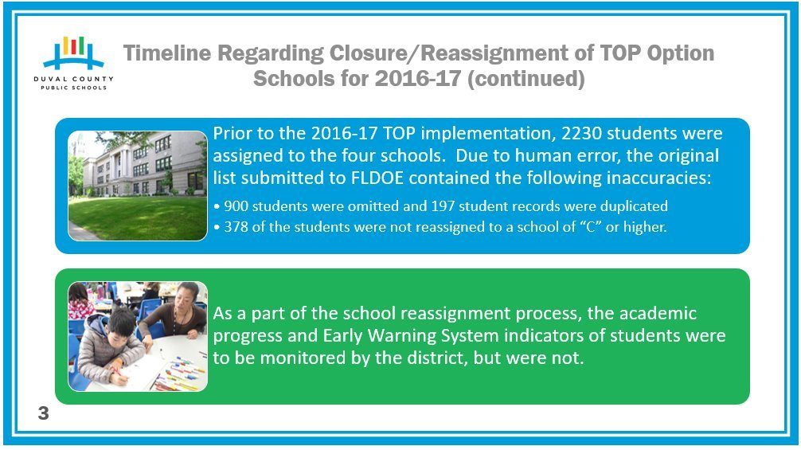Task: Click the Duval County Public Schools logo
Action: coord(73,63)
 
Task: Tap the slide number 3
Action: coord(44,413)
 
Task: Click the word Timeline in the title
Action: coord(167,53)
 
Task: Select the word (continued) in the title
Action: coord(526,79)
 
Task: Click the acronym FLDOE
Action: coord(377,178)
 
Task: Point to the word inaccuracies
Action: coord(658,178)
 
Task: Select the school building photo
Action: coord(138,186)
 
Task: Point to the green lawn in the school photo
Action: coord(138,218)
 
